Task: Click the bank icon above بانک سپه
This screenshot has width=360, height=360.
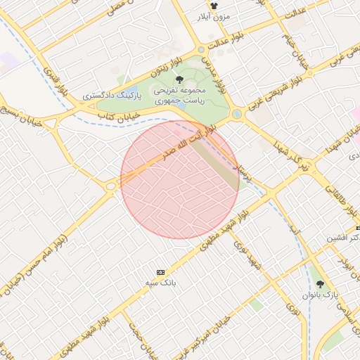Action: click(161, 271)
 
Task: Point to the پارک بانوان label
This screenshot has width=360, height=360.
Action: click(321, 295)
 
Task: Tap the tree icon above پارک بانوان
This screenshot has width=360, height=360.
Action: click(321, 284)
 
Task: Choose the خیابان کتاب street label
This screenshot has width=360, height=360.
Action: click(120, 111)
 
